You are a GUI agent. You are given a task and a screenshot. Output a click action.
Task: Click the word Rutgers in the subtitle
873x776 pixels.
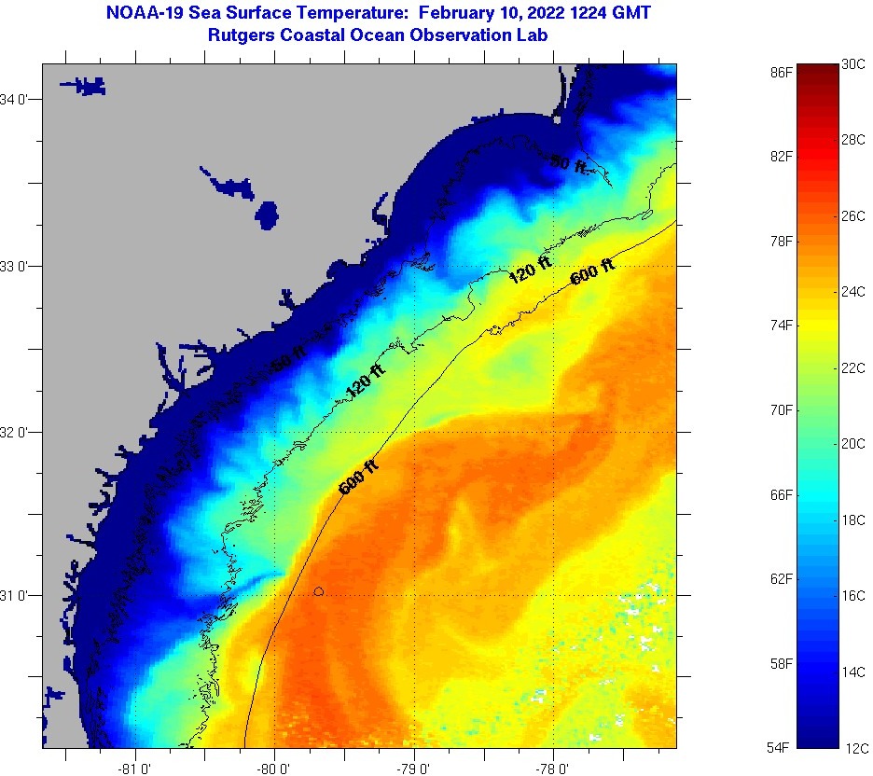tap(242, 35)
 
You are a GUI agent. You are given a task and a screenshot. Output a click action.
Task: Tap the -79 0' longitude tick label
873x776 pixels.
tap(413, 769)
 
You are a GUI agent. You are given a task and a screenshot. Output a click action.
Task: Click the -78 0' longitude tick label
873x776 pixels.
tap(553, 769)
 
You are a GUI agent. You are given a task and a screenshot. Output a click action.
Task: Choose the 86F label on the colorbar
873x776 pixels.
tap(782, 71)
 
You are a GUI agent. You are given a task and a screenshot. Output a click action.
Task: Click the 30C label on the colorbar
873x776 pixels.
tap(853, 64)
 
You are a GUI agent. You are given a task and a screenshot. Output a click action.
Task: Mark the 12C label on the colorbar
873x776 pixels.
tap(855, 748)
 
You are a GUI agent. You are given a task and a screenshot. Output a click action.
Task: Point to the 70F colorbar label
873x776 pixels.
tap(782, 409)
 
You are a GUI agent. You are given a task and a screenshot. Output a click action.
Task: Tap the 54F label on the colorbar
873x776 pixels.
tap(782, 748)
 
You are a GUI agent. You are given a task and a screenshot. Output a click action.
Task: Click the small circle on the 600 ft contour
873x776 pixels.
tap(319, 591)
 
